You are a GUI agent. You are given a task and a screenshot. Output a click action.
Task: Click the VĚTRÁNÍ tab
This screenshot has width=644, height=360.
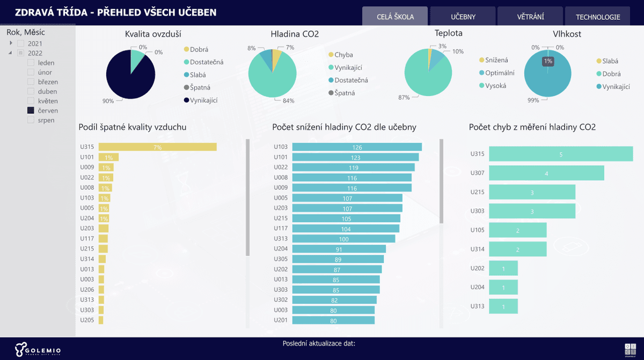coord(530,17)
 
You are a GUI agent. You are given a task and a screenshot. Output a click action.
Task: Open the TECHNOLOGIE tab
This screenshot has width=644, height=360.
coord(598,17)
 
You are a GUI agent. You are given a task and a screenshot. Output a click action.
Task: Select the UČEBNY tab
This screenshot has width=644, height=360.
coord(463,17)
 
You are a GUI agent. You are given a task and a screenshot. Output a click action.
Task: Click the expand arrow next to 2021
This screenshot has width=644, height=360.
coord(11,43)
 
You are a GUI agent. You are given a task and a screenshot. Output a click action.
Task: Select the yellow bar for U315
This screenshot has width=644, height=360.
coord(157,147)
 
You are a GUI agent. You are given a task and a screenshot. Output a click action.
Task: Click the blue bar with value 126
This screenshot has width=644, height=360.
coord(357,147)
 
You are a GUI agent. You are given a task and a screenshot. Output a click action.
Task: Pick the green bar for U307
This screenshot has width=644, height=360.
coord(546,173)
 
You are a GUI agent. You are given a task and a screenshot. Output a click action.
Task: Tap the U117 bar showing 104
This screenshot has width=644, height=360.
coord(346,229)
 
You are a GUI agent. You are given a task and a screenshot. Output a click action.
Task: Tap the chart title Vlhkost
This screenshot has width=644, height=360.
coord(567,34)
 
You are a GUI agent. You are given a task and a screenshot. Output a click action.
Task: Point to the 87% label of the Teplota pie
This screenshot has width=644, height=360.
coord(404,98)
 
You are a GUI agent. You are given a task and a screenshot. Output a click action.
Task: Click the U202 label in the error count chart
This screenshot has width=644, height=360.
coord(477,268)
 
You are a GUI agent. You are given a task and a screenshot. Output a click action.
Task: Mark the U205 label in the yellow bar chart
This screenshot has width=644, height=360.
coord(87,320)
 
